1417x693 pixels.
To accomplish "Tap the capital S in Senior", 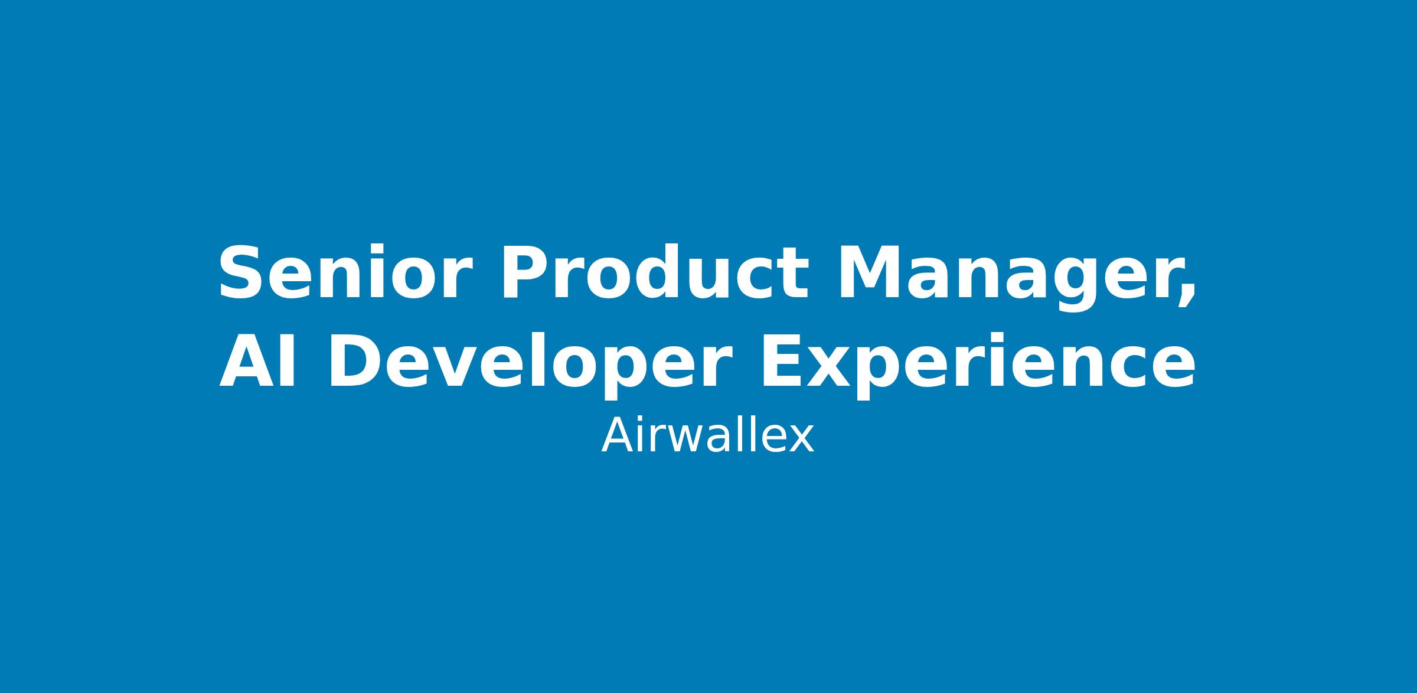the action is point(242,273).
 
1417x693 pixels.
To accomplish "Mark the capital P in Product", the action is point(525,273).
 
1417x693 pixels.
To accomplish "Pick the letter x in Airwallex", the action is point(801,440).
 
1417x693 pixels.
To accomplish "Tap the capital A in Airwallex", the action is point(618,435).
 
